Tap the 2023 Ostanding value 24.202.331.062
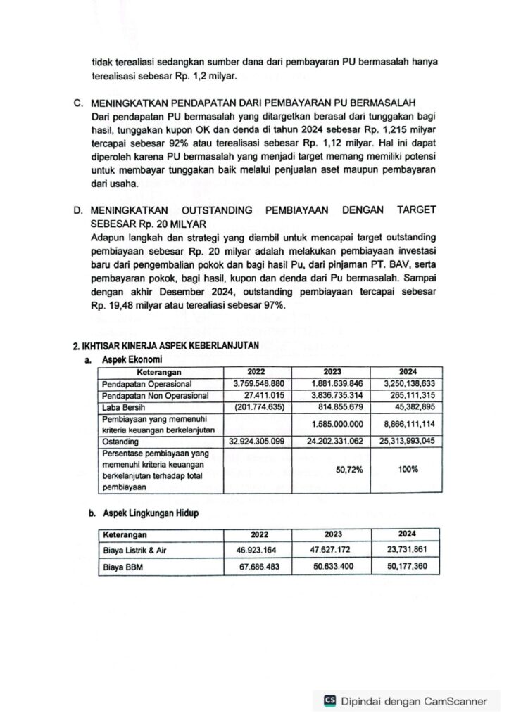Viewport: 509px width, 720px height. click(x=331, y=442)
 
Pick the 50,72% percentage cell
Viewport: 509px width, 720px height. click(x=349, y=470)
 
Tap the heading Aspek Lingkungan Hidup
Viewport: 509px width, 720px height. click(x=150, y=513)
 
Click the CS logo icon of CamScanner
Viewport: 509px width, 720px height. click(x=329, y=700)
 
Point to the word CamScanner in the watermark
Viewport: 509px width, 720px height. click(x=455, y=700)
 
